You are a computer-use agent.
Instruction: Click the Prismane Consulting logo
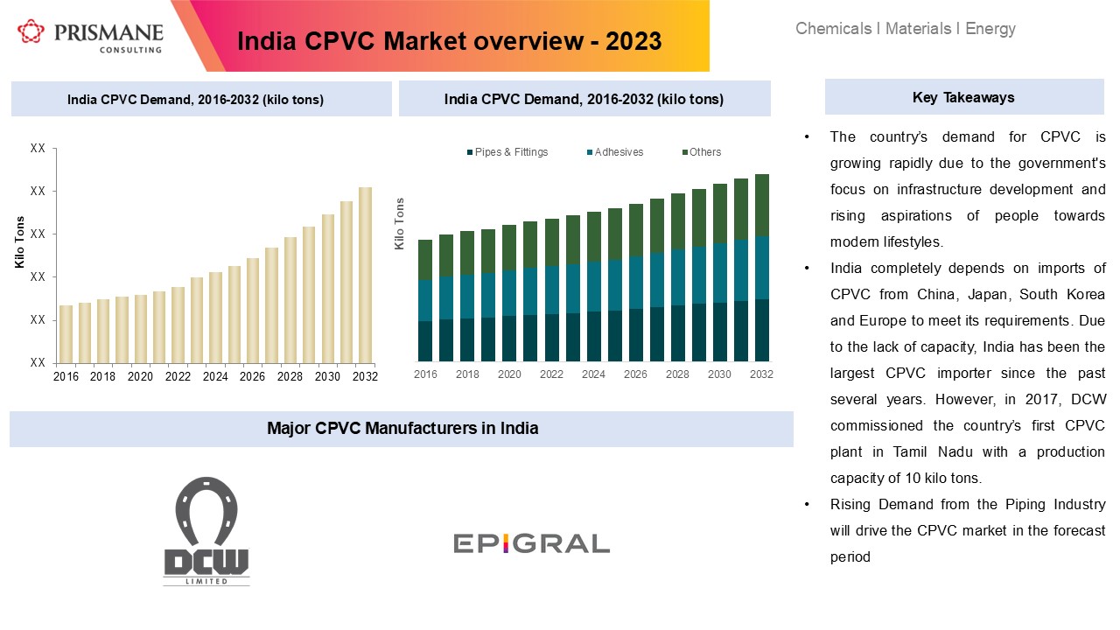[90, 35]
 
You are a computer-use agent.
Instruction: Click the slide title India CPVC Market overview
[449, 41]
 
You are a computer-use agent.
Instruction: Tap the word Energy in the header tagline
[990, 29]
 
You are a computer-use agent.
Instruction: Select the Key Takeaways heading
[963, 97]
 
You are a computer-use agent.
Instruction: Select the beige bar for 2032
[365, 275]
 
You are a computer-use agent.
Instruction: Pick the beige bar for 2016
[66, 333]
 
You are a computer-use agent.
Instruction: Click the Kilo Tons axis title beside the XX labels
[19, 241]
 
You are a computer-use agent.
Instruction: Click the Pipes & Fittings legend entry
[507, 152]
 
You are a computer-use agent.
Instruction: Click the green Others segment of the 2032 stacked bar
[761, 205]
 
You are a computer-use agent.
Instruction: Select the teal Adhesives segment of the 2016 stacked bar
[425, 300]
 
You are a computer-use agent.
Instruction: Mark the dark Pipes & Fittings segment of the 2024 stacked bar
[593, 336]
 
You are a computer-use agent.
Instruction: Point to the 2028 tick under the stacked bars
[677, 374]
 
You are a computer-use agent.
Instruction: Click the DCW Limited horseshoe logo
[206, 530]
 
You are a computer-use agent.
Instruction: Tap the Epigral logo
[531, 543]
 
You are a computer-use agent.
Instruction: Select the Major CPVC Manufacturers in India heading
[402, 429]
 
